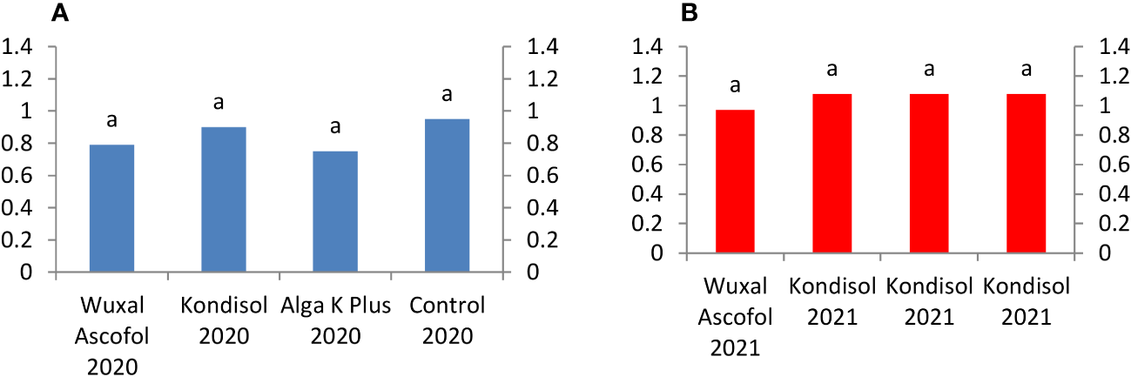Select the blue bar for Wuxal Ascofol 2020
click(x=112, y=208)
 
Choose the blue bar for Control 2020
click(x=447, y=196)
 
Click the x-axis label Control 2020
click(x=447, y=321)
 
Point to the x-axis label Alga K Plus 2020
click(x=335, y=321)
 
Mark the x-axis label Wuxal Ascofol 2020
click(x=112, y=335)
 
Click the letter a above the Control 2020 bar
click(x=447, y=94)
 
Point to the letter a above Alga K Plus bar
click(x=335, y=127)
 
